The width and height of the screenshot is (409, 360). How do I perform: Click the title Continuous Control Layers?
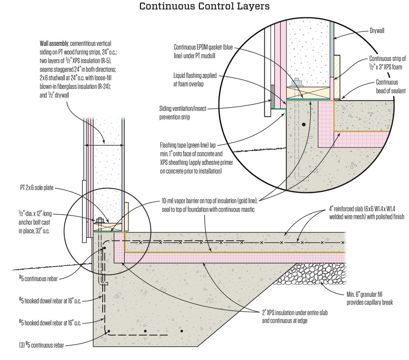(204, 6)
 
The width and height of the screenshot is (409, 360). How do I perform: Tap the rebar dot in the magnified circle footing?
(304, 125)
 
